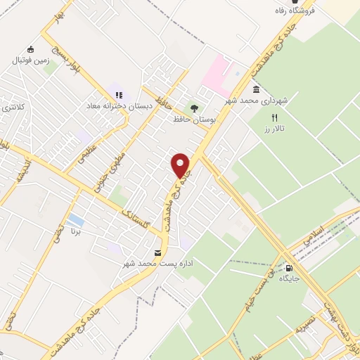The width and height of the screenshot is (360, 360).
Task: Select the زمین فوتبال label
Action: (x=30, y=60)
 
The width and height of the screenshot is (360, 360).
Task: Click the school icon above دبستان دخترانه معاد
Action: (x=118, y=94)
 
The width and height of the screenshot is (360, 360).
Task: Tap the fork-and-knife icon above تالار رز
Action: (x=276, y=117)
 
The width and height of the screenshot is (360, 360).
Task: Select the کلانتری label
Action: (x=14, y=108)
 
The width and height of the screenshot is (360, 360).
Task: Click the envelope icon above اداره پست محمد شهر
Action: (x=157, y=252)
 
